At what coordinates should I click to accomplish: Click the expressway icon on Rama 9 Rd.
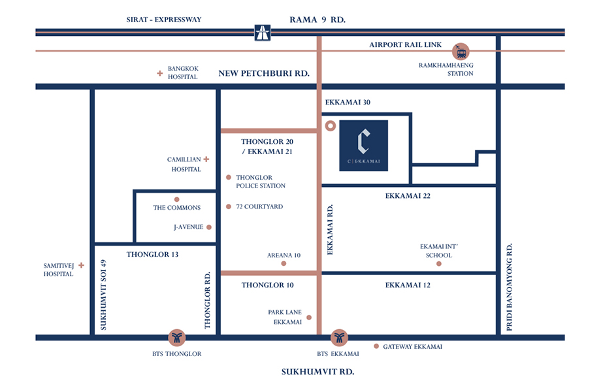coord(263,33)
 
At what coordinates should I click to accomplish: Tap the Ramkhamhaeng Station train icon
coord(461,51)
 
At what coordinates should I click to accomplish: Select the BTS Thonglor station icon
coord(177,338)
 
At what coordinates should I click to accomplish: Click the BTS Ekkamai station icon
coord(339,338)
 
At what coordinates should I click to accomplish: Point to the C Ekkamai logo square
coord(363,146)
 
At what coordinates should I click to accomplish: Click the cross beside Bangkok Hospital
coord(160,73)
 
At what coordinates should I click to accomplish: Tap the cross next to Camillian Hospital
coord(206,159)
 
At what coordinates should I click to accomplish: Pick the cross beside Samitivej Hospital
coord(81,265)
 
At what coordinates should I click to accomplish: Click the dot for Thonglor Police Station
coord(229,177)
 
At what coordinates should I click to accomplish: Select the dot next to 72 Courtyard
coord(229,206)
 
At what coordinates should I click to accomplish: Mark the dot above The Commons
coord(177,199)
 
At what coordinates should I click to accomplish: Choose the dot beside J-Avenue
coord(209,227)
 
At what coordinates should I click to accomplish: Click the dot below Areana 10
coord(284,263)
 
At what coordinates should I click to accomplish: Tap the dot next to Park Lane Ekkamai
coord(309,318)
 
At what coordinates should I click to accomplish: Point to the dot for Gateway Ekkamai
coord(376,346)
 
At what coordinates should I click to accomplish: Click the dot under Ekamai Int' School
coord(439,263)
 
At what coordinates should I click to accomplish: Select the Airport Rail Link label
coord(405,44)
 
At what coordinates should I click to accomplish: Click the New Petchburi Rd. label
coord(264,73)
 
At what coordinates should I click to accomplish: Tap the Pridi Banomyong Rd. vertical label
coord(510,287)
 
